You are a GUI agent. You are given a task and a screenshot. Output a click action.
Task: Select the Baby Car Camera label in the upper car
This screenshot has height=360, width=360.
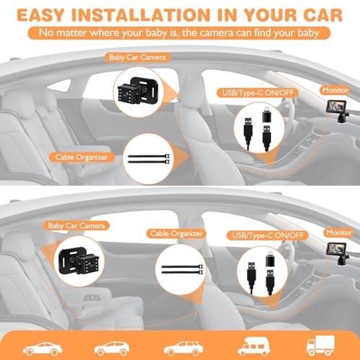138,58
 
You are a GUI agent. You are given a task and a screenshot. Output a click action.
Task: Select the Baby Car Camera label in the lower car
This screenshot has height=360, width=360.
76,226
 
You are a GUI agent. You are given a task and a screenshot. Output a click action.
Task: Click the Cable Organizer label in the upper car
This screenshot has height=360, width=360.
81,157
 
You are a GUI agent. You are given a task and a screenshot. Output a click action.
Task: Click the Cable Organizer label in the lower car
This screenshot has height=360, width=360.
176,233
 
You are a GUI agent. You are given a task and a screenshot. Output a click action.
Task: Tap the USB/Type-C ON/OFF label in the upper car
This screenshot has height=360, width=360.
258,93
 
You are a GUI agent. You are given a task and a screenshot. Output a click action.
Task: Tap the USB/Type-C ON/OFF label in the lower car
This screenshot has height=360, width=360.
268,235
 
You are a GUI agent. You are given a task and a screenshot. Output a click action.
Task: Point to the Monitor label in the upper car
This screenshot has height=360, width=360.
336,90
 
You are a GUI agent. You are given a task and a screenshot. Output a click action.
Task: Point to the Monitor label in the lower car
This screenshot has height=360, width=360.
339,233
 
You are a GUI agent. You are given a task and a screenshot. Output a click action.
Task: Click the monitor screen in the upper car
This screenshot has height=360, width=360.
336,107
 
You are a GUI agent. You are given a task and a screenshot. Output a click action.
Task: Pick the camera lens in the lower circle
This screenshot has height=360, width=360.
91,265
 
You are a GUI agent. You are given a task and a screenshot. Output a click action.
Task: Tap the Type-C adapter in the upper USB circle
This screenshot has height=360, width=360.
267,117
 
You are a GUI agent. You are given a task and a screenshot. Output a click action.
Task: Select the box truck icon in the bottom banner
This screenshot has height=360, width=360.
320,346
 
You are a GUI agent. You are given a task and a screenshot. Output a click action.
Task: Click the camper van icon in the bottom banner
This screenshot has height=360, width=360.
254,346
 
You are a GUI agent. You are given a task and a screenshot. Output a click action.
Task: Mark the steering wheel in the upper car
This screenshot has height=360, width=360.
288,108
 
